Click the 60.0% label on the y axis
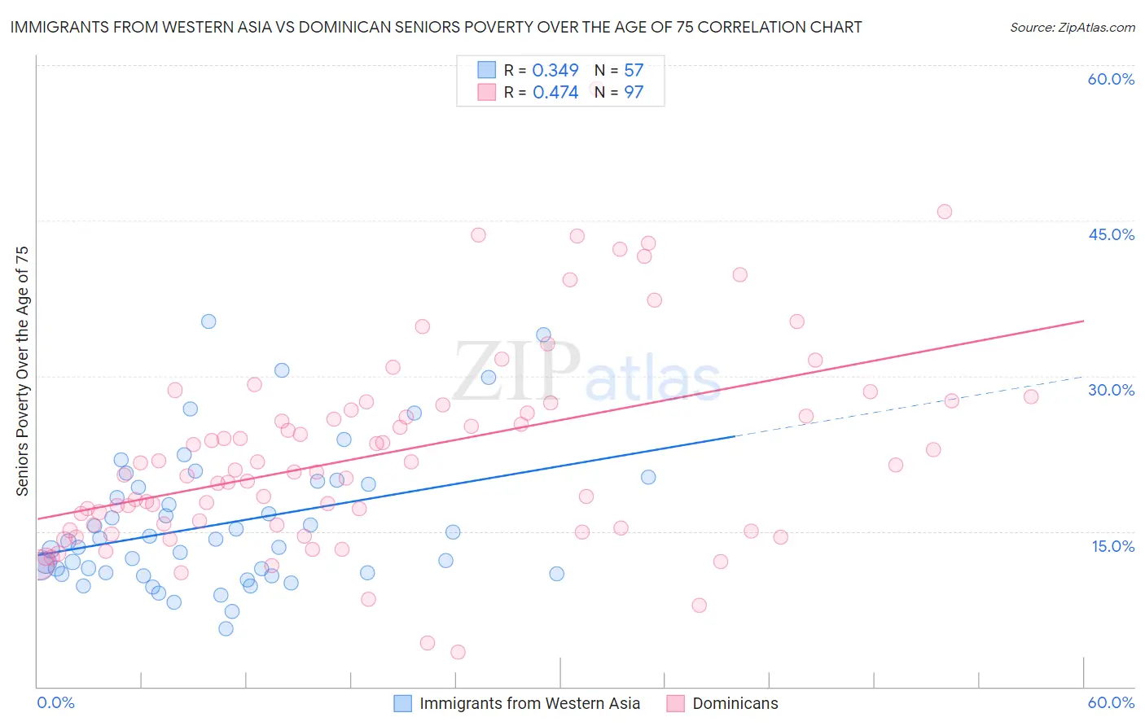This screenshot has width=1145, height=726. click(x=1111, y=79)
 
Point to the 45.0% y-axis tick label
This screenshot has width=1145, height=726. click(x=1111, y=234)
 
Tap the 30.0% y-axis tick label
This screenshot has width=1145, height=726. click(x=1111, y=390)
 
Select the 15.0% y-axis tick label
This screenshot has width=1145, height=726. click(x=1112, y=546)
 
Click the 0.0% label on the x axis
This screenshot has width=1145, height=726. click(x=55, y=702)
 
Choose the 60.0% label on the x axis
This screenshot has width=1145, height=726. click(x=1111, y=702)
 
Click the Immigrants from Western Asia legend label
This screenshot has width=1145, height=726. click(x=529, y=703)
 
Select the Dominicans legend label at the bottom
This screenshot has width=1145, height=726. click(x=735, y=703)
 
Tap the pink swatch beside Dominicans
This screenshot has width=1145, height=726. click(x=675, y=703)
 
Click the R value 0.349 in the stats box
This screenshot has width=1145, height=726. click(x=555, y=71)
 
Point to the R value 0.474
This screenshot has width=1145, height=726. click(x=555, y=93)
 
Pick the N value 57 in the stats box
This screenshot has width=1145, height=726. click(x=634, y=71)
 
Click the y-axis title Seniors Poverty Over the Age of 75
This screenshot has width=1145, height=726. click(x=23, y=371)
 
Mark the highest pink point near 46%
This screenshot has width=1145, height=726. click(x=944, y=212)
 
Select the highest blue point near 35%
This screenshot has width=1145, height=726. click(x=208, y=321)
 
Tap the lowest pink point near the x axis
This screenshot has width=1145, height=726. click(x=458, y=652)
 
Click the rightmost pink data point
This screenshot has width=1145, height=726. click(x=1031, y=396)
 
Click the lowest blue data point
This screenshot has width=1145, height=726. click(x=226, y=628)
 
